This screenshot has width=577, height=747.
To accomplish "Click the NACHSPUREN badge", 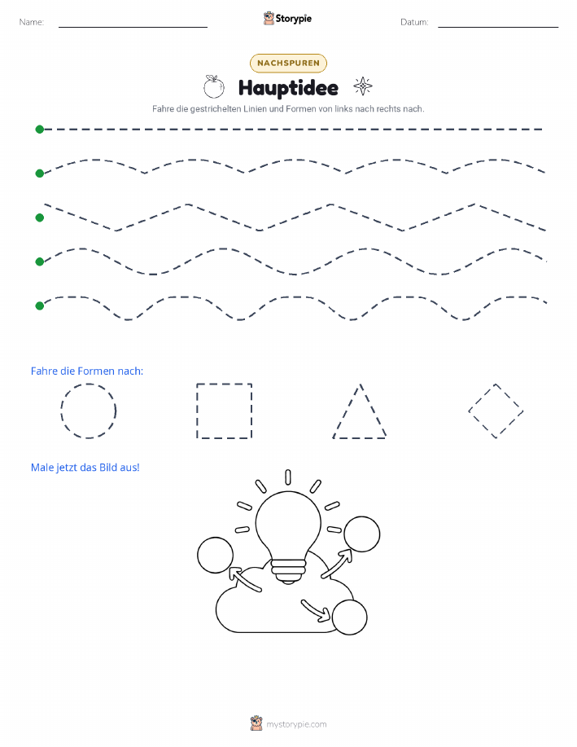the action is click(288, 64).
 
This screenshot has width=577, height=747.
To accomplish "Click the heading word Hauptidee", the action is click(288, 88).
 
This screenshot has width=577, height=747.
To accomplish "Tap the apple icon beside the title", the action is click(214, 86).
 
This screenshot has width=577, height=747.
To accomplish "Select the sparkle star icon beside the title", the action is click(363, 86).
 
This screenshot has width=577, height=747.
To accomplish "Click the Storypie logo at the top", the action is click(287, 19).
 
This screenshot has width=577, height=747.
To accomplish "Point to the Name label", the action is click(32, 22).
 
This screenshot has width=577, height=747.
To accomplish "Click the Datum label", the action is click(414, 22).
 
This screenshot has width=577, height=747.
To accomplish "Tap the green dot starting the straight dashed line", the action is click(40, 129).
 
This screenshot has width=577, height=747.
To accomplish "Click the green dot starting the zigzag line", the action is click(40, 218).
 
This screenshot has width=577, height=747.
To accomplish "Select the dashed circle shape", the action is click(61, 411).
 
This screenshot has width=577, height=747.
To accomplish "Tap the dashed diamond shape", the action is click(482, 397).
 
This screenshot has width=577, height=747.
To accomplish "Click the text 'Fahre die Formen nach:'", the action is click(86, 371).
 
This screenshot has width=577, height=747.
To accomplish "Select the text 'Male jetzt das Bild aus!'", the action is click(85, 468).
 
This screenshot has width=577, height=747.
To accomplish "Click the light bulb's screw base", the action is click(288, 571).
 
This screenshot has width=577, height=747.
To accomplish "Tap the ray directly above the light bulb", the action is click(288, 477).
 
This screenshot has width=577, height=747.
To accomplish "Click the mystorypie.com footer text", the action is click(296, 724).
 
